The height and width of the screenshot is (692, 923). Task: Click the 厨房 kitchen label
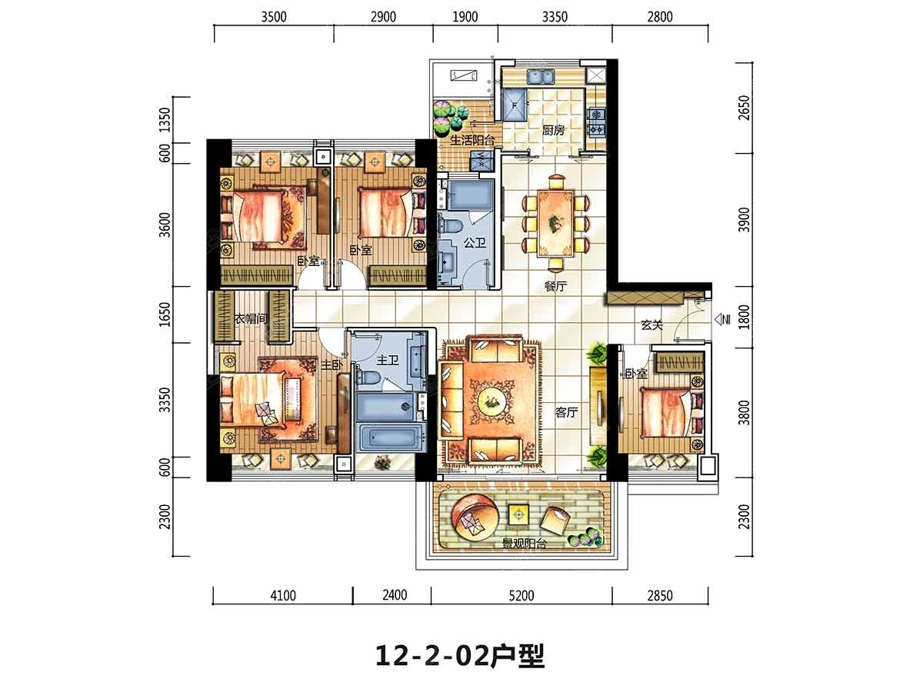point(553,131)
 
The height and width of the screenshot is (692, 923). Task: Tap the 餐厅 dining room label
point(555,287)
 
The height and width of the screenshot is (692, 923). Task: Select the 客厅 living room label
point(566,412)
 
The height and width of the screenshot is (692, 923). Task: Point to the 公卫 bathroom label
point(475,242)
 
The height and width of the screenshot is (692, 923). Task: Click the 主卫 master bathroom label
point(388,360)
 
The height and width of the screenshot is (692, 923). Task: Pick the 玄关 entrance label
point(651,324)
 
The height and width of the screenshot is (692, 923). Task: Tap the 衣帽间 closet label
point(251,318)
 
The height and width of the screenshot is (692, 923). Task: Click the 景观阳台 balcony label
point(525,544)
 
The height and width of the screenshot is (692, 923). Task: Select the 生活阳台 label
point(472,140)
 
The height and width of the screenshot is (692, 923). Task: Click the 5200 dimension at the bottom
point(521,595)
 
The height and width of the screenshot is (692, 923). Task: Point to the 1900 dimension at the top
point(465,17)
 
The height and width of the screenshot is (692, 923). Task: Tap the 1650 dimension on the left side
point(165,314)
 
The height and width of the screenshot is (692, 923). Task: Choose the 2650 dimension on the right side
point(744,108)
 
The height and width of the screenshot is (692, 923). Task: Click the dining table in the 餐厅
point(555,224)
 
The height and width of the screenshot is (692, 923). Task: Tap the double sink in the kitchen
point(541,77)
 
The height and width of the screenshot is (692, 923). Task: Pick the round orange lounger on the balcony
point(475,517)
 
